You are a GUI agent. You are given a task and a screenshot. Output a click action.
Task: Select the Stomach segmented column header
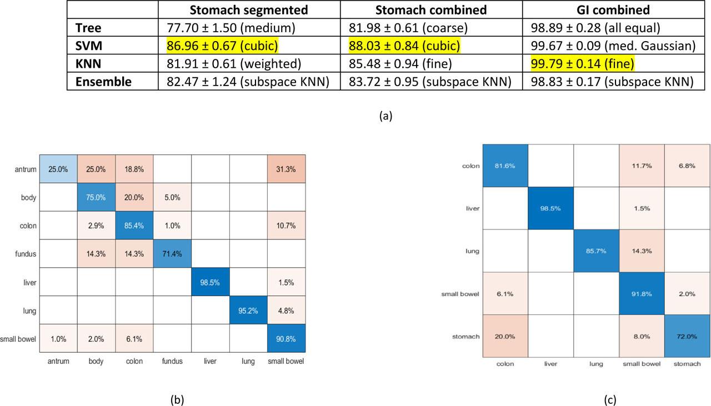click(x=249, y=10)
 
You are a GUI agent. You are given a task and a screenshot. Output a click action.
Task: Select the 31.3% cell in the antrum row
click(x=286, y=169)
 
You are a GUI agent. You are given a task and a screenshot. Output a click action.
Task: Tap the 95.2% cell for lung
click(x=248, y=310)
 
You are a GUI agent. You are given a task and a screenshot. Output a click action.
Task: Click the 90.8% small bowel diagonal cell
click(x=286, y=339)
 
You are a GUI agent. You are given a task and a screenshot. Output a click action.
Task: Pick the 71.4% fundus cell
click(x=172, y=254)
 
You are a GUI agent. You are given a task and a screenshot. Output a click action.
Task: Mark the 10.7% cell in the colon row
click(x=286, y=226)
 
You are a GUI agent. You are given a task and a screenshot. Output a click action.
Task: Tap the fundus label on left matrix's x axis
click(x=172, y=361)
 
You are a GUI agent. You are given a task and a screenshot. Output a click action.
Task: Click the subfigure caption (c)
click(x=609, y=398)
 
